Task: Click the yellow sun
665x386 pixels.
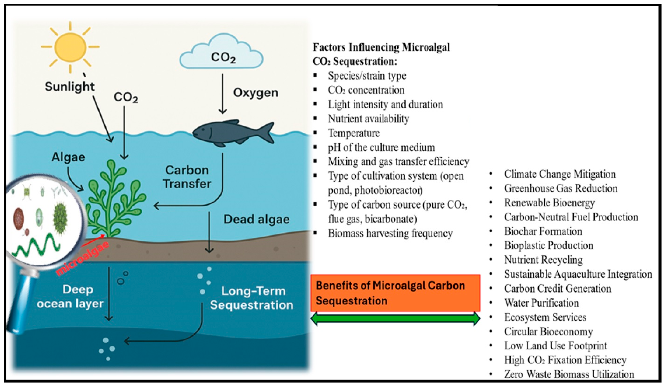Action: (x=70, y=47)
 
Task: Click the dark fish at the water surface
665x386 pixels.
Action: (x=232, y=133)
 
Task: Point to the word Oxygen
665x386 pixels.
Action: (x=255, y=93)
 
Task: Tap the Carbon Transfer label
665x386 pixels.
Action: (x=187, y=177)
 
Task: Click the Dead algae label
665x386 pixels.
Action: (x=256, y=219)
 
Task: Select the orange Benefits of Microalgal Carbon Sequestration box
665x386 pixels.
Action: (x=395, y=293)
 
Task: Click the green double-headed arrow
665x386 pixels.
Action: (x=395, y=319)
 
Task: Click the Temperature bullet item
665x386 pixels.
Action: (x=354, y=133)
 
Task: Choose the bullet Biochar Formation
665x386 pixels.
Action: (x=543, y=231)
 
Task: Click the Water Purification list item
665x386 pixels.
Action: (x=541, y=303)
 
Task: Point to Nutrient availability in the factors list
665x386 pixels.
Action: (x=368, y=119)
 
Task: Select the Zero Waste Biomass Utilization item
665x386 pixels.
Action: (x=569, y=374)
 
